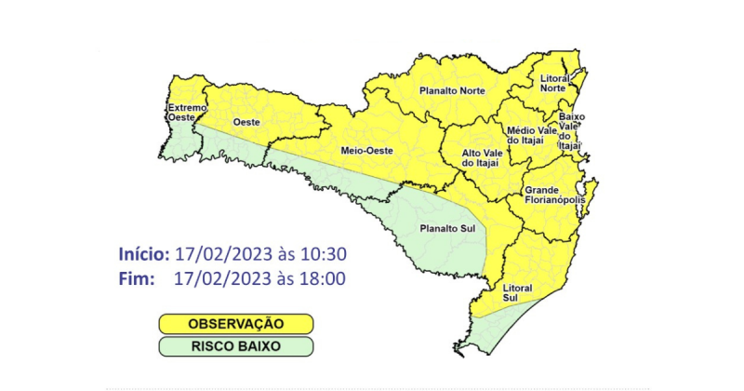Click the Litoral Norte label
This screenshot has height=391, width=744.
pos(554,83)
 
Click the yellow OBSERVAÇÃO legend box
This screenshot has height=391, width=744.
pos(234,324)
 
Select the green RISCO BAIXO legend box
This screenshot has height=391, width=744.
pos(234,346)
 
